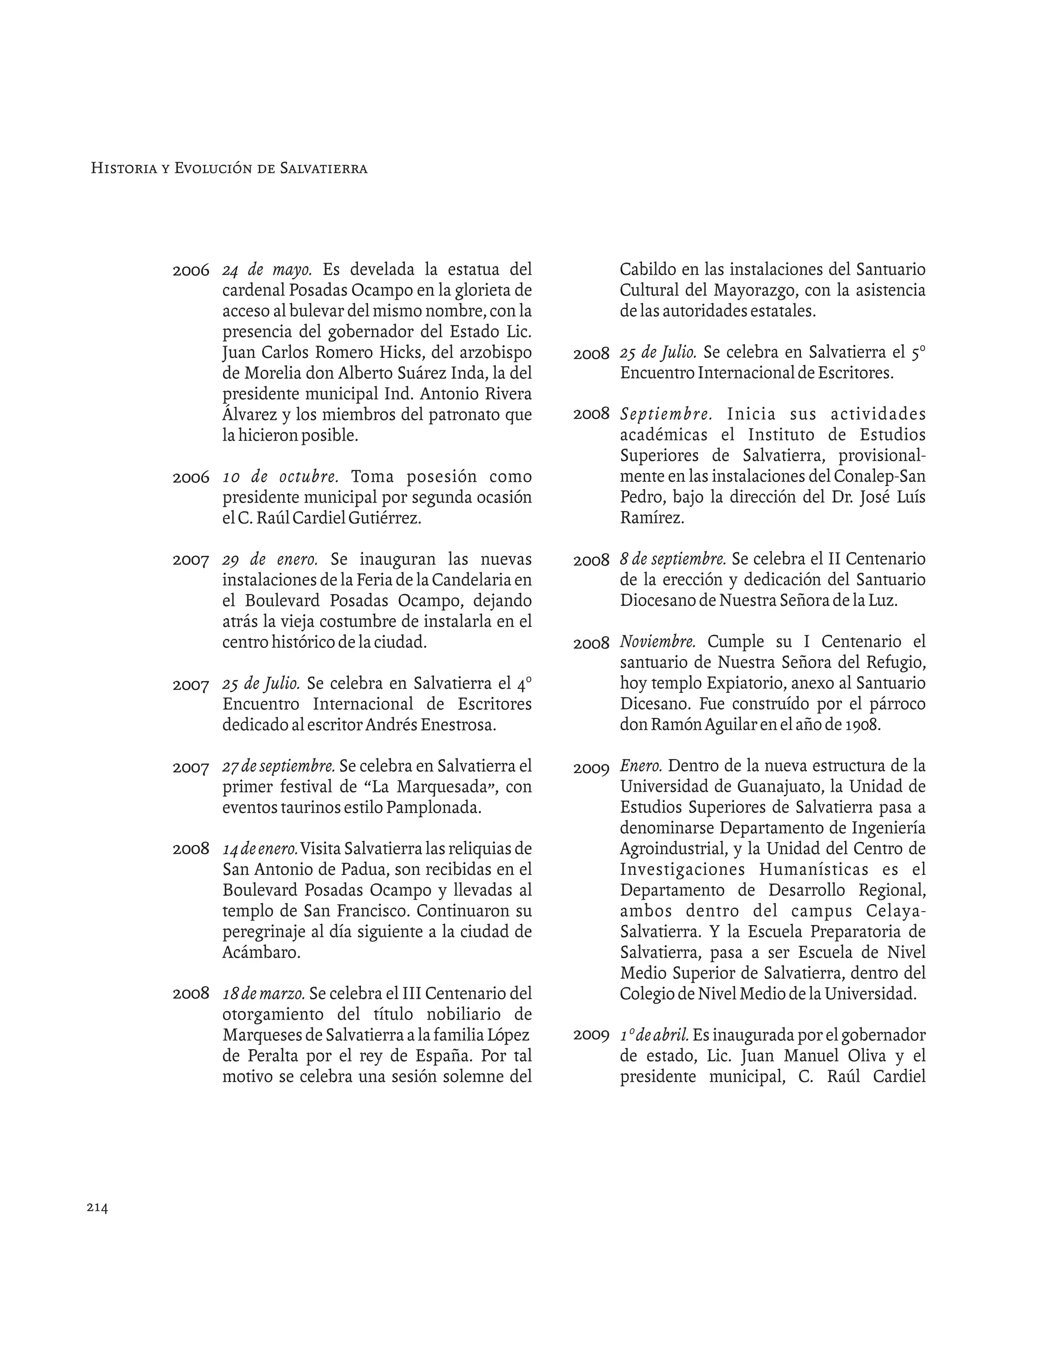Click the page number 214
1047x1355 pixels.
tap(97, 1207)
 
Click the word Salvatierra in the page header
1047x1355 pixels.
tap(323, 169)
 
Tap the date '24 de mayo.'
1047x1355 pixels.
tap(267, 270)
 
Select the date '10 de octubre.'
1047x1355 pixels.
tap(280, 477)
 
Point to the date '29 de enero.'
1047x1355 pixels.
tap(270, 559)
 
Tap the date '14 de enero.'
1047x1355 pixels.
tap(260, 849)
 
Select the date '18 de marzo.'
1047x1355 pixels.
tap(263, 993)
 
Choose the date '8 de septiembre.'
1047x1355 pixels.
tap(672, 559)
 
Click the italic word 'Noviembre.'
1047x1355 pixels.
tap(657, 642)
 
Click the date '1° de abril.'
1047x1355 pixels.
tap(654, 1035)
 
